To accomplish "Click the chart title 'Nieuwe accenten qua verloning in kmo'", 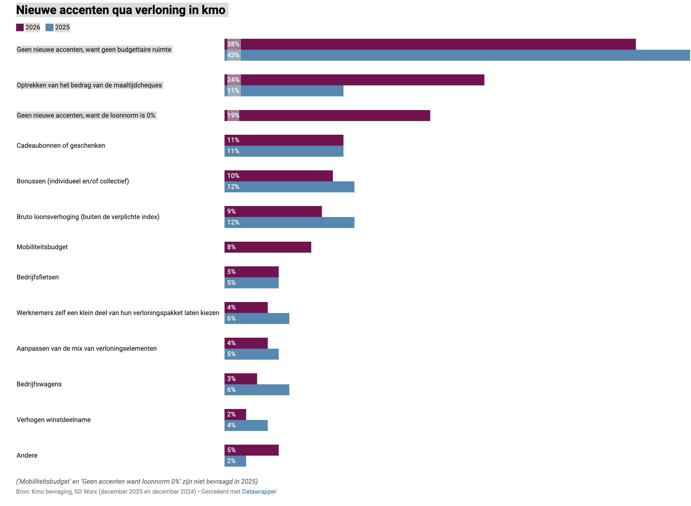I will tap(121, 10).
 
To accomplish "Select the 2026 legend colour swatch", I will tap(20, 27).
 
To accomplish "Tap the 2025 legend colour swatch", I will tap(50, 27).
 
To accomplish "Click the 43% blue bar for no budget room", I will tap(457, 55).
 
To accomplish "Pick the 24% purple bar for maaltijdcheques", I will tap(354, 80).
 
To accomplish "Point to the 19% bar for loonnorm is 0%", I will tap(327, 116).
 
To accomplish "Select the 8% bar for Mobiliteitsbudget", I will tap(268, 247).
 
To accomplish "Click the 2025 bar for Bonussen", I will tap(289, 187).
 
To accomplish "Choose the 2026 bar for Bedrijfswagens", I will tap(241, 379).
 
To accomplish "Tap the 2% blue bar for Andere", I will tap(235, 461).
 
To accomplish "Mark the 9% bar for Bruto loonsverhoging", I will tap(273, 212).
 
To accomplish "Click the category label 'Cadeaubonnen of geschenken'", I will tap(61, 146).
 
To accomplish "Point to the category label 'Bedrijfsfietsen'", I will tap(38, 277).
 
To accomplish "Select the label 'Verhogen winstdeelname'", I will tap(54, 420).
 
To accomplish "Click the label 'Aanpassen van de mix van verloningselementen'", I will tap(87, 349).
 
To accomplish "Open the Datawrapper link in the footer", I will tap(259, 492).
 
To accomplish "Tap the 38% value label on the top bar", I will tap(233, 44).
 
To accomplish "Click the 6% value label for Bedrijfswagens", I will tap(231, 390).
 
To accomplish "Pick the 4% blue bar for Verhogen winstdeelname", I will tap(246, 425).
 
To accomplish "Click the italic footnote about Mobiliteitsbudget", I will tap(137, 481).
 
